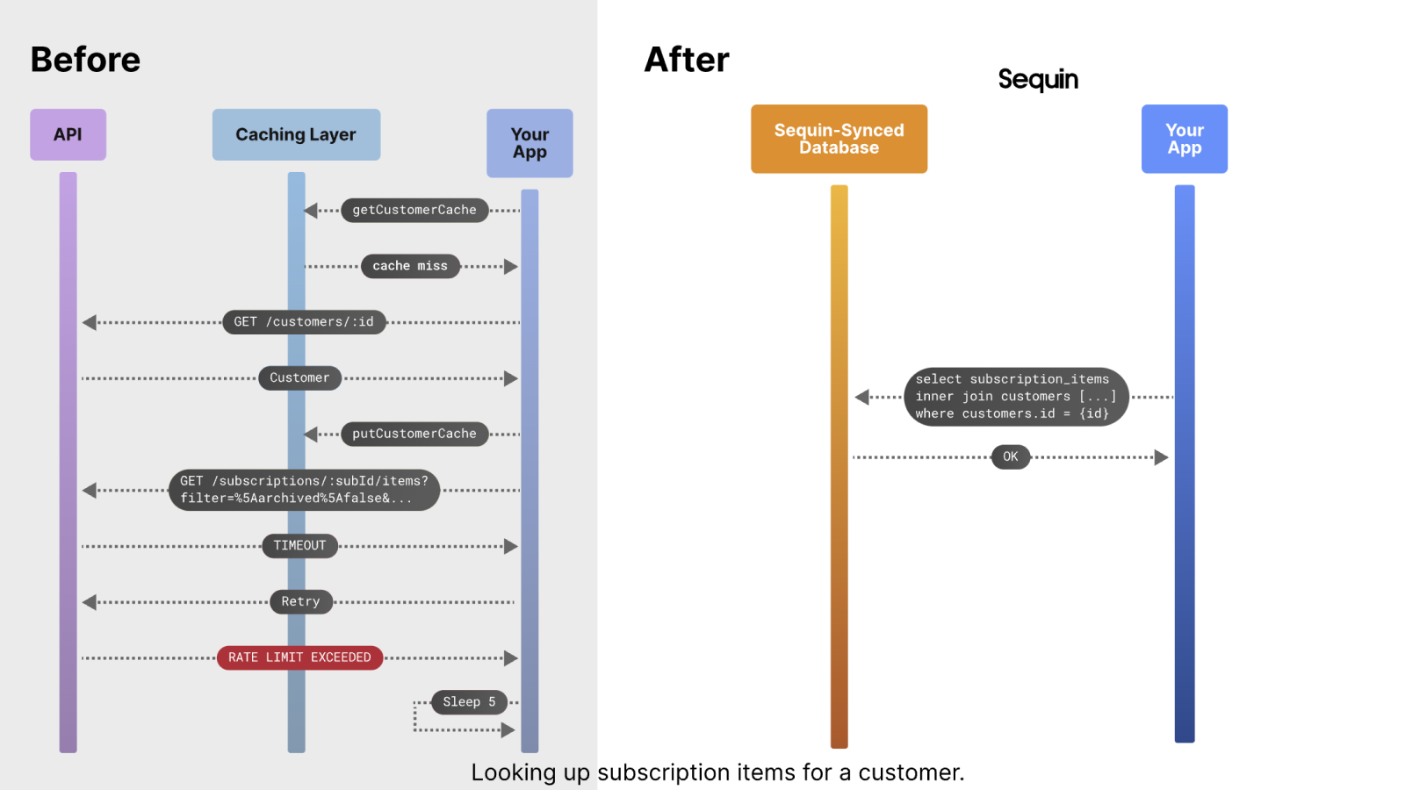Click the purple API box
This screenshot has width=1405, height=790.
pos(68,134)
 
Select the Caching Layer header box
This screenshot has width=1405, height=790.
pos(296,134)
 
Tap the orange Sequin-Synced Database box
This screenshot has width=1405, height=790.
pos(839,139)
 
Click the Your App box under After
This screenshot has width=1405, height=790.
pos(1184,139)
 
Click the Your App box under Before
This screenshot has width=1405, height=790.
pos(530,143)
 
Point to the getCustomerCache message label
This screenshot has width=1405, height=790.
pos(414,210)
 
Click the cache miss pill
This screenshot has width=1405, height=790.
pos(410,266)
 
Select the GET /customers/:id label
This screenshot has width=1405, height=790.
pos(304,322)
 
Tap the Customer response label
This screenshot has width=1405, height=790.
pos(299,378)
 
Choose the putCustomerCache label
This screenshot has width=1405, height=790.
pos(414,434)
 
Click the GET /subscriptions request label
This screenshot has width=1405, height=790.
pos(304,490)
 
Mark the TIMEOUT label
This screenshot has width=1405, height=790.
pos(299,546)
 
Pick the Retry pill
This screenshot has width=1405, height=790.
pos(300,602)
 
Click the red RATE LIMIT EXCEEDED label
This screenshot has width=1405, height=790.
pos(299,657)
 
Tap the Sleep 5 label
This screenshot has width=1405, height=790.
pos(469,702)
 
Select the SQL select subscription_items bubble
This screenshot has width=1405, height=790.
pos(1015,397)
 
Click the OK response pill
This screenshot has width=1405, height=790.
pos(1010,456)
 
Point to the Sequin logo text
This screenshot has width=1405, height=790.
pos(1037,80)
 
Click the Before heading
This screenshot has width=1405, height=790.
pos(85,60)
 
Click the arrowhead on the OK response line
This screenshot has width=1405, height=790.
pos(1161,457)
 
